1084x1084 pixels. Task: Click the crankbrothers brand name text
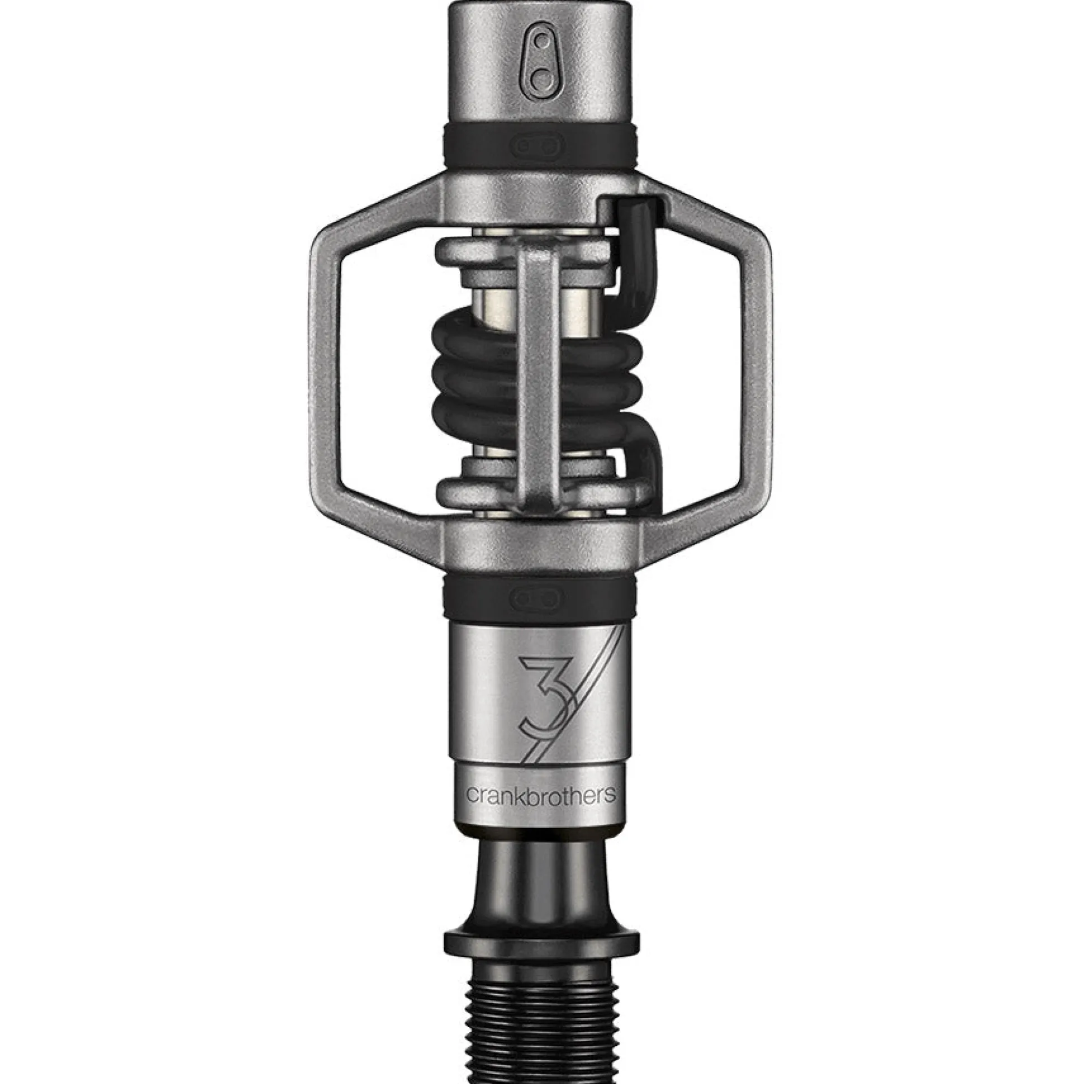pyautogui.click(x=541, y=795)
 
